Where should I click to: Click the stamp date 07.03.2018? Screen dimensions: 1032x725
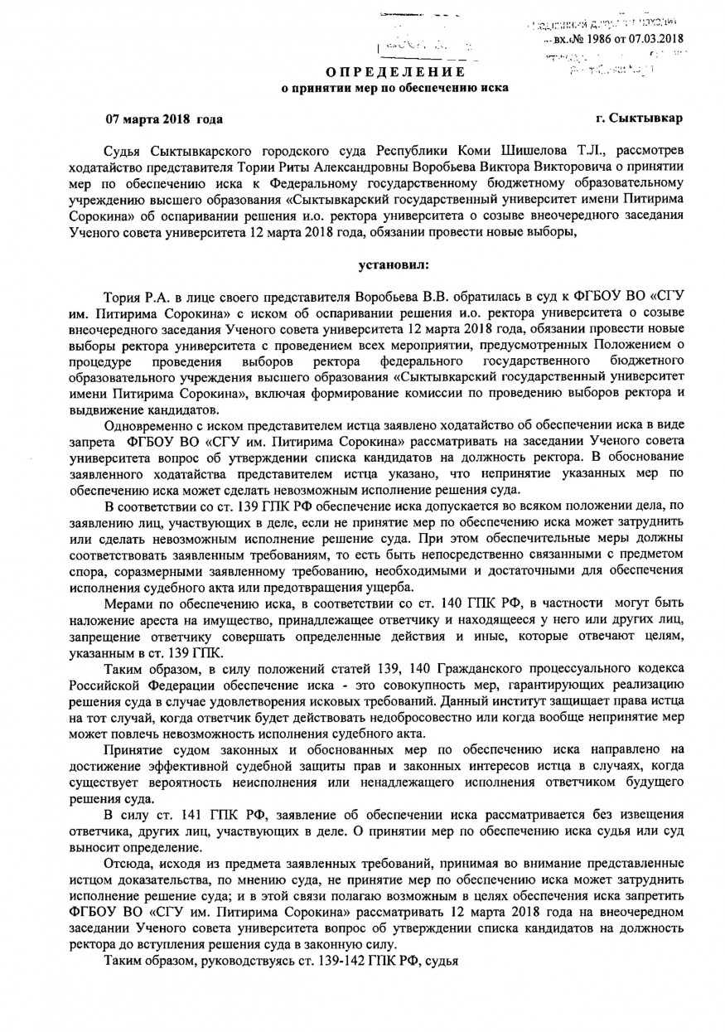tap(655, 38)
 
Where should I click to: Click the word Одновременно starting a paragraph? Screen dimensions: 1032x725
tap(152, 426)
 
